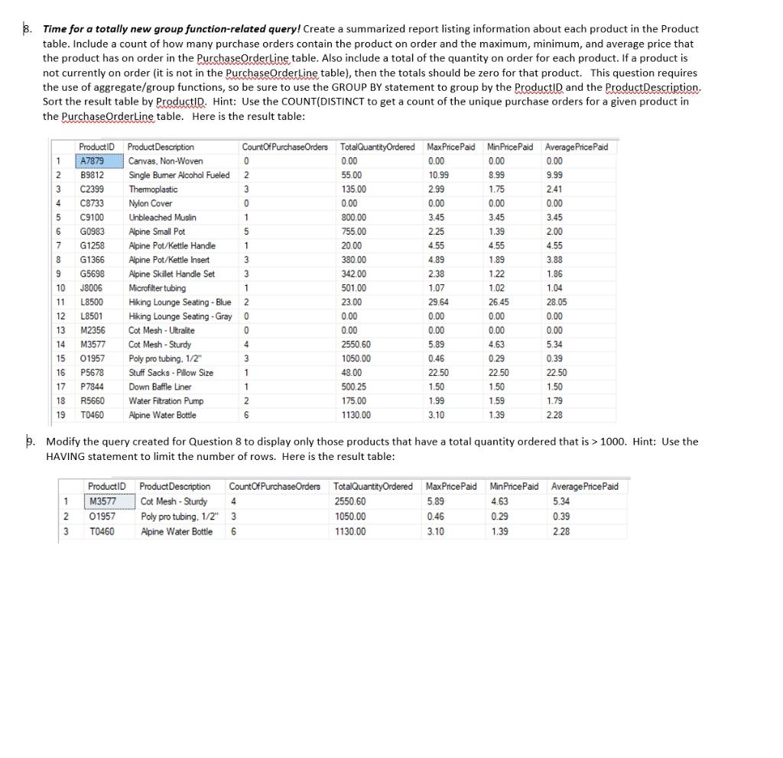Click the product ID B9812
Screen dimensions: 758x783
tap(92, 175)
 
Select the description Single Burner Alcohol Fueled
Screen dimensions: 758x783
tap(178, 175)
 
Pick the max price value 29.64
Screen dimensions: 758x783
tap(437, 302)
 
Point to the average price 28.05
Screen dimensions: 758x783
tap(556, 302)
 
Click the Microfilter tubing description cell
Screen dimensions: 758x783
tap(156, 288)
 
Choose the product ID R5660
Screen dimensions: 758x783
tap(92, 400)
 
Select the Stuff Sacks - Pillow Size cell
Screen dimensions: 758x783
tap(171, 373)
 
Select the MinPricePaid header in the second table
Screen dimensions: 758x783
tap(513, 487)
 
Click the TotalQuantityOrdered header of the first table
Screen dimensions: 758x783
tap(377, 147)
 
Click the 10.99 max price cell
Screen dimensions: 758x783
tap(437, 175)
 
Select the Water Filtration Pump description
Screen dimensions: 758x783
tap(166, 400)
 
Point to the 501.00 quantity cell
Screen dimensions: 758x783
tap(353, 288)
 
